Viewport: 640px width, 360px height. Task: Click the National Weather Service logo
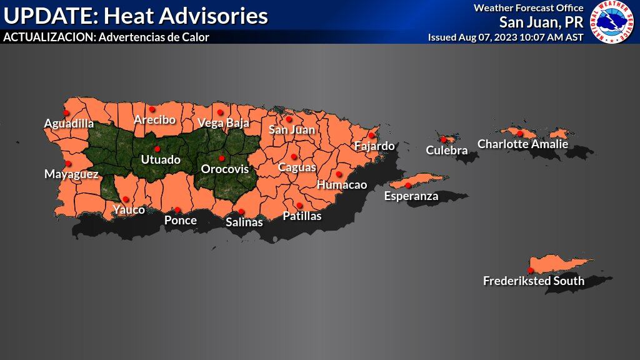(x=613, y=22)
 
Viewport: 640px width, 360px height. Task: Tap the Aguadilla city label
(x=69, y=123)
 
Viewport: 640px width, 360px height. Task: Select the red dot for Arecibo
(x=151, y=109)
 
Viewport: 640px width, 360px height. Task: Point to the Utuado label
(x=161, y=159)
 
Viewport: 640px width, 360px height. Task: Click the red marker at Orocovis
(x=221, y=158)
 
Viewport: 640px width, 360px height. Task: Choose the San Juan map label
(x=291, y=130)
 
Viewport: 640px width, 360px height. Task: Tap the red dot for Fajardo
(x=371, y=135)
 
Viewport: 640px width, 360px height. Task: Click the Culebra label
(x=446, y=150)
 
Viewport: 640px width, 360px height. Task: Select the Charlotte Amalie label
(x=522, y=144)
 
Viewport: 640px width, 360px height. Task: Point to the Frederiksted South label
(x=533, y=281)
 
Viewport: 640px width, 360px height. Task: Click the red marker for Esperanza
(x=408, y=185)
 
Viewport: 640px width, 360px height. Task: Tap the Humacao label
(x=341, y=185)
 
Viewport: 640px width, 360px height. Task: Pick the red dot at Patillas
(x=299, y=205)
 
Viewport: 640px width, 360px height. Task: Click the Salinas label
(x=244, y=222)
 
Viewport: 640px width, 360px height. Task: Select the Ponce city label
(x=180, y=220)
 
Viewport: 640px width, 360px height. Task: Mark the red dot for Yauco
(x=126, y=199)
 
